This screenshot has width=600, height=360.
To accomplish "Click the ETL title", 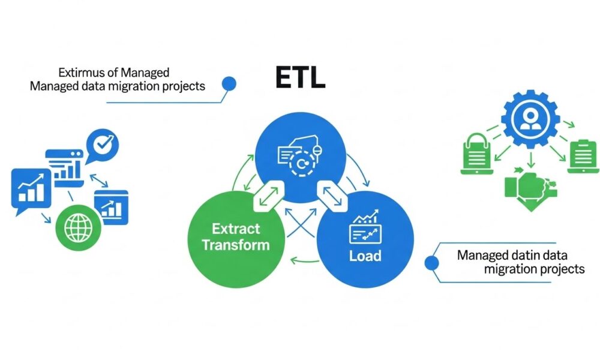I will [x=300, y=77].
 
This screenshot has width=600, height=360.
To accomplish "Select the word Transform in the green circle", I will [x=235, y=245].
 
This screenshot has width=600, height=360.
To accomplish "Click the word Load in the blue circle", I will [x=365, y=256].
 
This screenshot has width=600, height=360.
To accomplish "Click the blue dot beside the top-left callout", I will [x=228, y=83].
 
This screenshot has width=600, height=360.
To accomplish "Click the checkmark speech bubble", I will [x=103, y=144].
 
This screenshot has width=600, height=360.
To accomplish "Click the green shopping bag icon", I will [x=478, y=153].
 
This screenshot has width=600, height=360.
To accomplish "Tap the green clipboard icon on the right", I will [x=580, y=155].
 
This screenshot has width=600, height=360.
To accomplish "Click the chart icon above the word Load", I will [x=365, y=228].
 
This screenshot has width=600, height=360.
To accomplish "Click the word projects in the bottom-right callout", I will [x=559, y=269].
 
